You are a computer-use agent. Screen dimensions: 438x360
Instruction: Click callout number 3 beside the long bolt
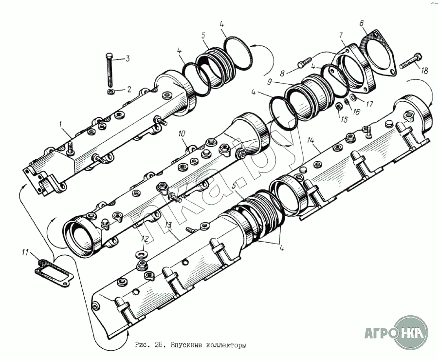pos(128,58)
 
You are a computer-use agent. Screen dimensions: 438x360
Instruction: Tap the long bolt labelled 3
pos(109,69)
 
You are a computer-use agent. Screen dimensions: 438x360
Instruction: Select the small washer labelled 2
pos(111,92)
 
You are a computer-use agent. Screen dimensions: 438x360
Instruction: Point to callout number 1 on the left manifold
pos(60,125)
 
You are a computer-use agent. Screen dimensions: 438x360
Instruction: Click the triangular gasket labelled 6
pos(378,53)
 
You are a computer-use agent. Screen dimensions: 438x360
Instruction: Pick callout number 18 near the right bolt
pos(424,70)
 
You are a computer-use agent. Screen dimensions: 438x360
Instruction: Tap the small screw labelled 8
pos(305,62)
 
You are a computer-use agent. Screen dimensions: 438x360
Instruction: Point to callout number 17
pos(369,104)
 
